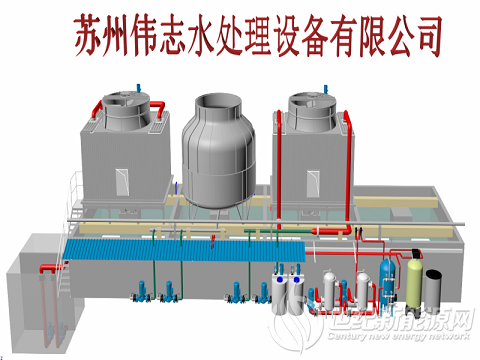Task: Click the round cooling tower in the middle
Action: point(221,150)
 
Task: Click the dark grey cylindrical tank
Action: point(433,286)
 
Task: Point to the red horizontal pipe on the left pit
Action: point(48,268)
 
